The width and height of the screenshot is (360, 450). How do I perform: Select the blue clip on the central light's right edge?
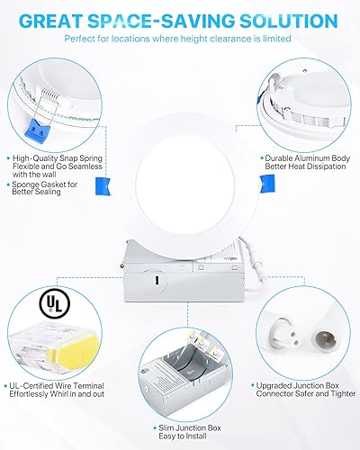242,182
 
